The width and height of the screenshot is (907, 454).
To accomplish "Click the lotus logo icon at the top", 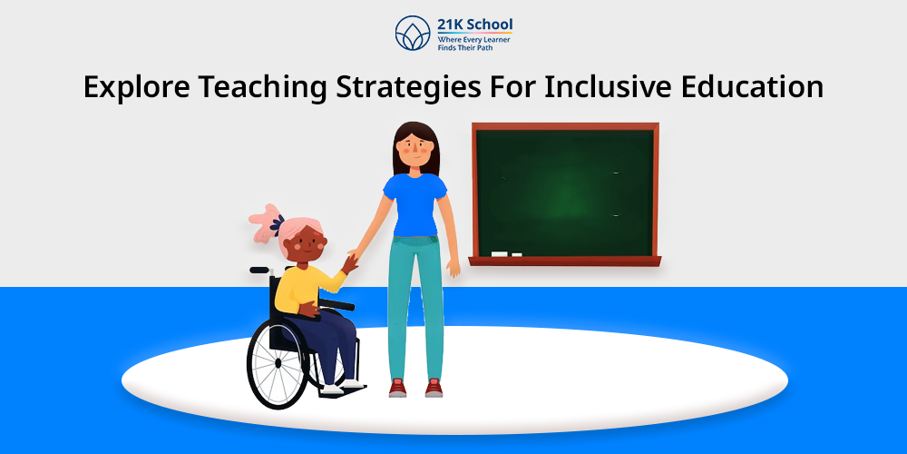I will pos(412,33).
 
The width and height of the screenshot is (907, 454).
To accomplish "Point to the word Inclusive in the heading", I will pos(599,87).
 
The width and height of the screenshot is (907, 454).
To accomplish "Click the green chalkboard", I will pos(564,192).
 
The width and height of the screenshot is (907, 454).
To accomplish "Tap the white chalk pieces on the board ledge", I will pos(505,254).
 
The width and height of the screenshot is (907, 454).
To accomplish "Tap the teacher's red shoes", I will pos(414,388).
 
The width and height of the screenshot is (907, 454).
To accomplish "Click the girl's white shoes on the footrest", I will pos(340,385).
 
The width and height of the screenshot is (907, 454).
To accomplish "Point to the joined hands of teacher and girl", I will pos(351,262).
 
